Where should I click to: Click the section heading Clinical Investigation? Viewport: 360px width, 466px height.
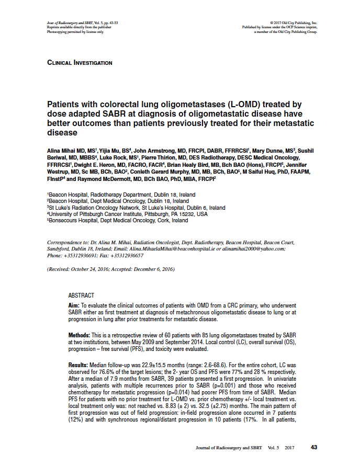[x=80, y=63]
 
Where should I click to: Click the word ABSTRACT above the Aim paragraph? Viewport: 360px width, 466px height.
[x=81, y=295]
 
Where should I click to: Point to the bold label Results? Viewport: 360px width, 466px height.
[x=79, y=364]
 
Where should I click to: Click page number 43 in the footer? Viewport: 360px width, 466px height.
[x=314, y=447]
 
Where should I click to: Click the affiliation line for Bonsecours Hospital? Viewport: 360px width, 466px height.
[x=118, y=221]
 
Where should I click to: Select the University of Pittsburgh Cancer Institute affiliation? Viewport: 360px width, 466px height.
[x=127, y=214]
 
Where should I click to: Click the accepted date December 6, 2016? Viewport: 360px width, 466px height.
[x=152, y=269]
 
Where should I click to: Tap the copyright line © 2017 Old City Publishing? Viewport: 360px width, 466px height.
[x=294, y=23]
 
